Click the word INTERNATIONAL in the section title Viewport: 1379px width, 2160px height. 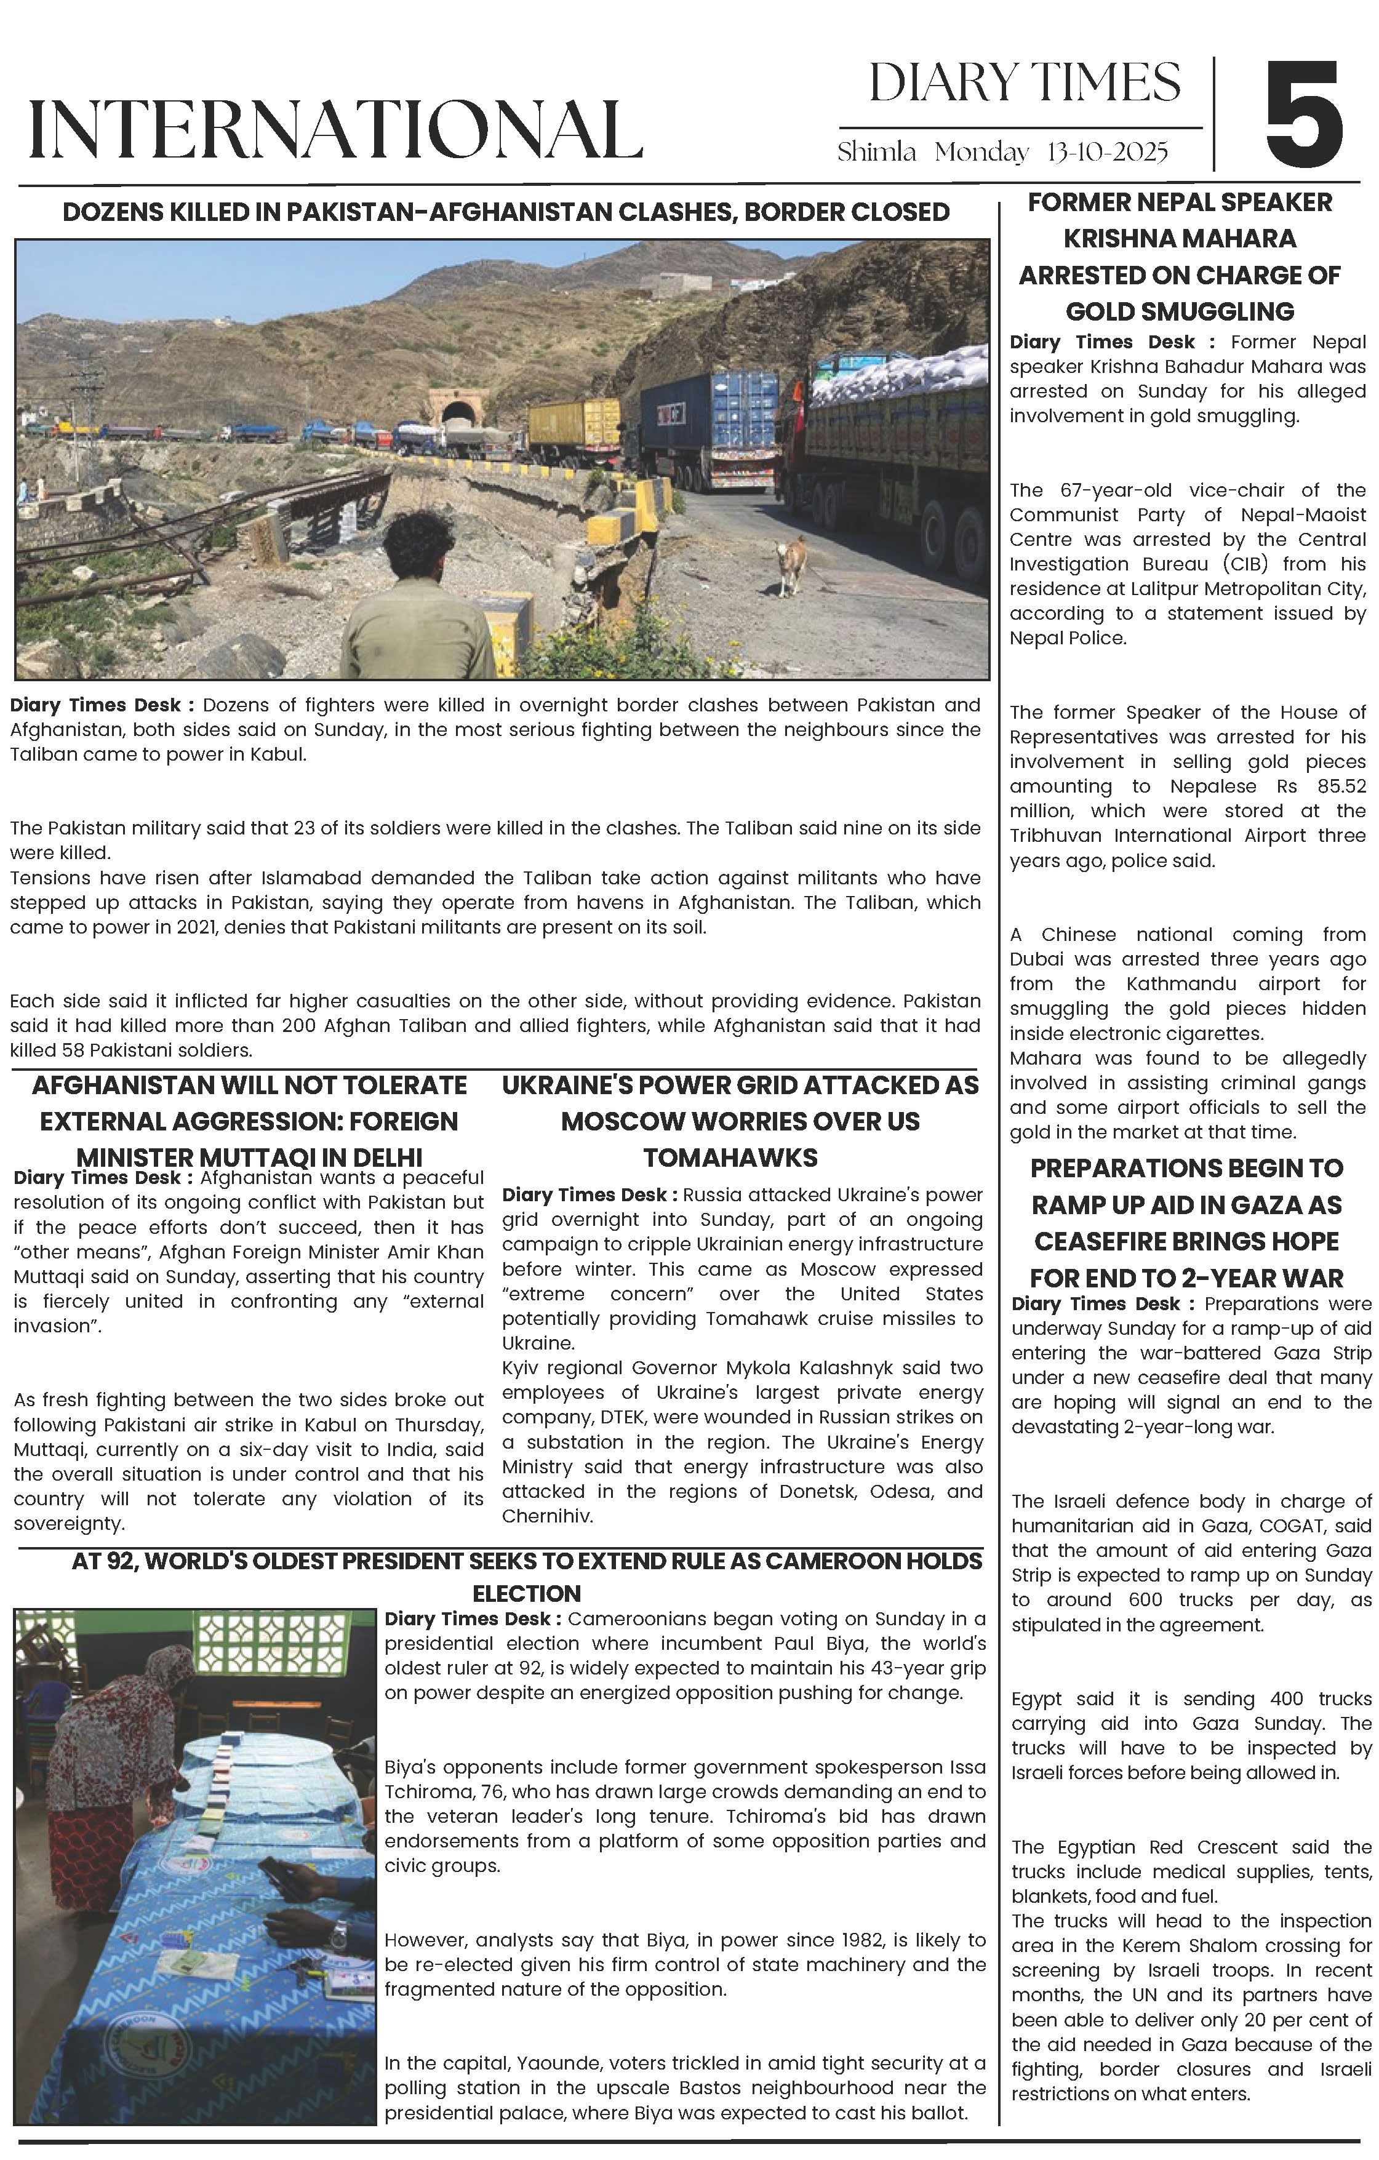335,130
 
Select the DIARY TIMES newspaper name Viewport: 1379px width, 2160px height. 1025,84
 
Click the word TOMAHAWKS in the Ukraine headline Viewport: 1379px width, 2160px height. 730,1158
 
